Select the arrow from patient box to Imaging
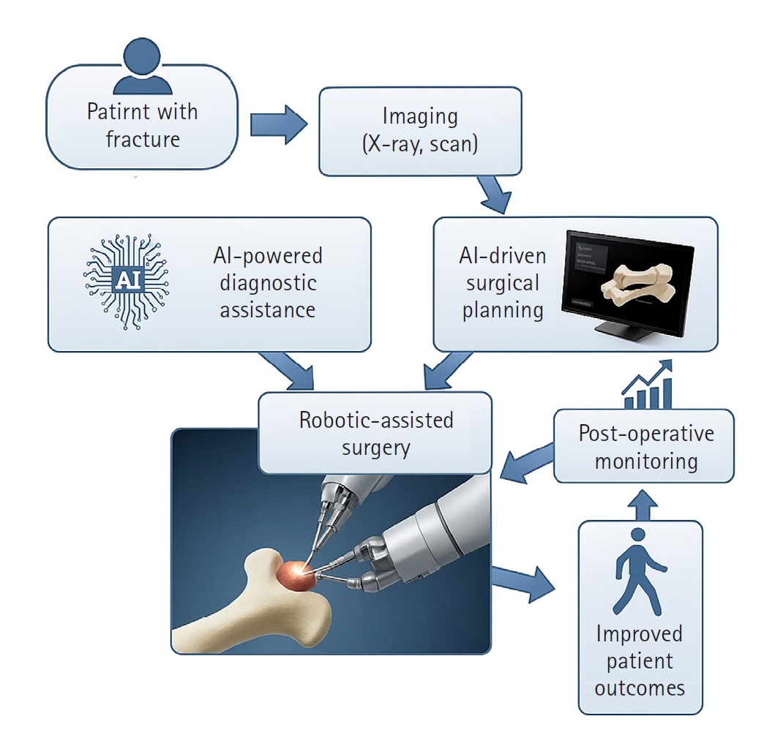click(x=277, y=124)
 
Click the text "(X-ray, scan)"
click(x=419, y=143)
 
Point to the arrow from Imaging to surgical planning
click(x=494, y=193)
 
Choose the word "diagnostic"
click(x=268, y=282)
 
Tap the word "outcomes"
click(x=639, y=687)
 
